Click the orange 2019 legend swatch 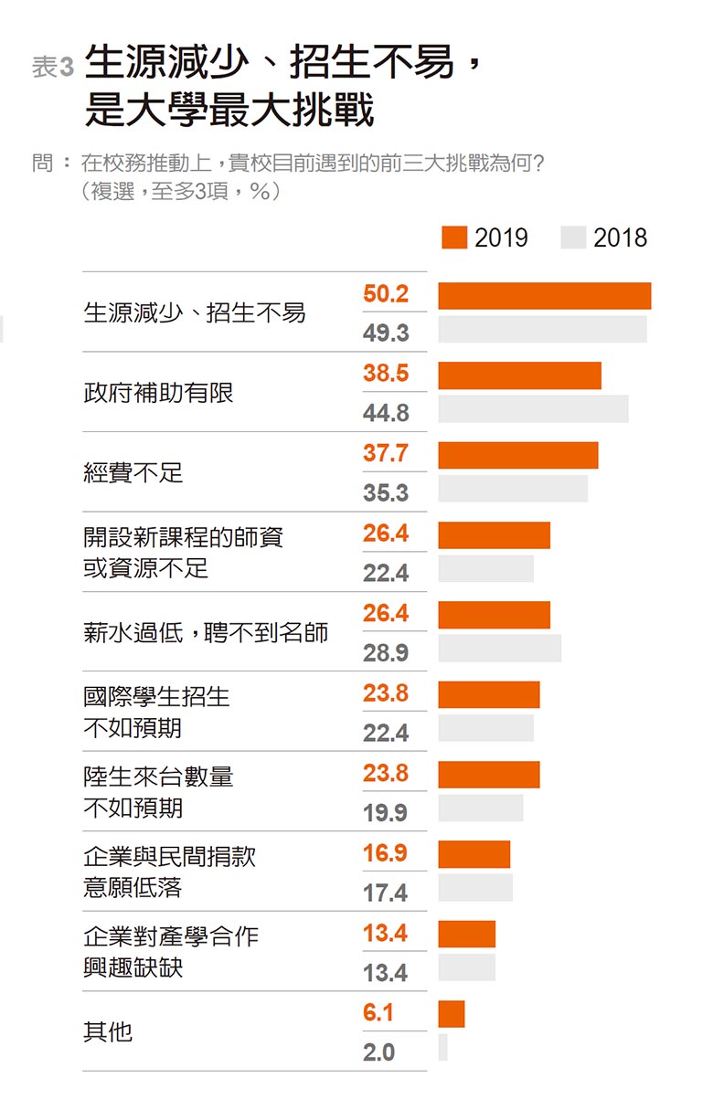click(x=454, y=238)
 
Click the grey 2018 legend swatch click(x=573, y=238)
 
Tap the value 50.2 click(x=386, y=294)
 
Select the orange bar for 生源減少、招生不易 click(x=544, y=296)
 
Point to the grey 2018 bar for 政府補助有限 click(x=533, y=409)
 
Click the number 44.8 click(x=386, y=414)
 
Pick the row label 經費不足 click(x=133, y=472)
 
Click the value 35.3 click(x=386, y=493)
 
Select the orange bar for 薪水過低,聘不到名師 click(x=494, y=615)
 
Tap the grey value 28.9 click(x=386, y=653)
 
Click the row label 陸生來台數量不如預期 click(x=158, y=792)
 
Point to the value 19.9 click(x=386, y=813)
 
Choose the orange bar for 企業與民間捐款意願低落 click(x=474, y=854)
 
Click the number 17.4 click(x=386, y=893)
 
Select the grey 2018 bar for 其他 click(x=442, y=1048)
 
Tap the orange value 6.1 click(x=379, y=1012)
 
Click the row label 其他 click(x=108, y=1031)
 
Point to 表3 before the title click(x=52, y=67)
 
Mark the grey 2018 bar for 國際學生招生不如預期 click(x=485, y=728)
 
